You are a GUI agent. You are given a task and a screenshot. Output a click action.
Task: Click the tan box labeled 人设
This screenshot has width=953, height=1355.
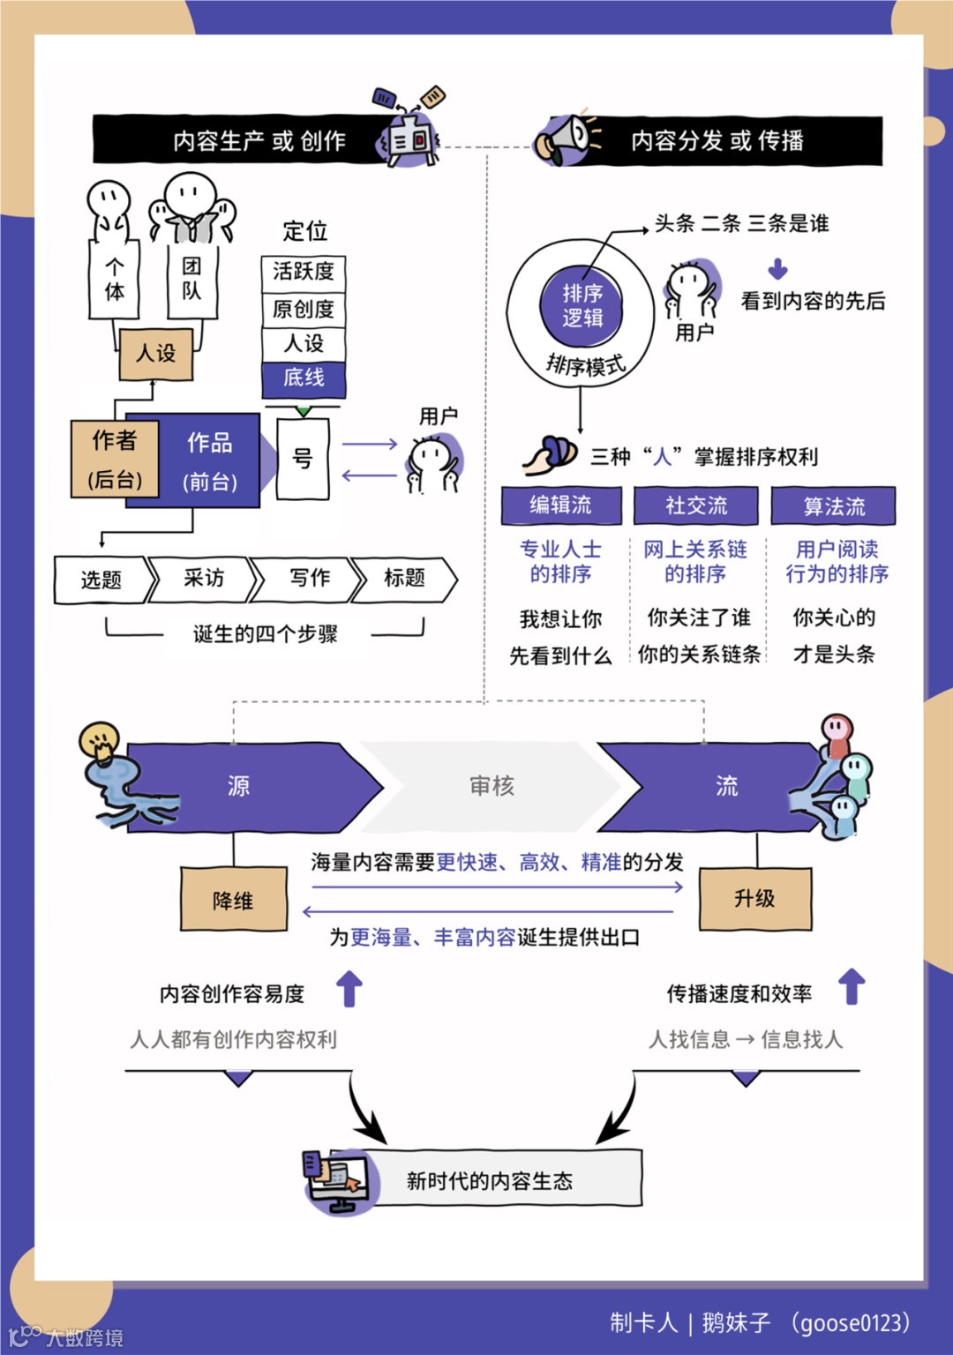156,354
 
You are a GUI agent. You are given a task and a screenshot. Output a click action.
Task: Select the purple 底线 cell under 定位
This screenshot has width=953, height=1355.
304,378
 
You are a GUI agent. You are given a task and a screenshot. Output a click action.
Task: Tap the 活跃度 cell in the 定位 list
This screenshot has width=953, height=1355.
304,273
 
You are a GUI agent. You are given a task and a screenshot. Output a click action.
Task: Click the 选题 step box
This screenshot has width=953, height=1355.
101,580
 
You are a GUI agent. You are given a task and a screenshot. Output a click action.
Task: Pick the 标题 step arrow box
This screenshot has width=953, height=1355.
404,579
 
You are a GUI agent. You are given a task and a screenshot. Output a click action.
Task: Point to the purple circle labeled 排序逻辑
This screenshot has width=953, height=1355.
582,305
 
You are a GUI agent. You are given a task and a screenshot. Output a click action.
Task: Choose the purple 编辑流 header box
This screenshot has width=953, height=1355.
560,505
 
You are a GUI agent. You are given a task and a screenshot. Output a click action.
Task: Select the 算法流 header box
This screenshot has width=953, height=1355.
834,506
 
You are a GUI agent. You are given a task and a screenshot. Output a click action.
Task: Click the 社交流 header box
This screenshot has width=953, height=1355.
696,505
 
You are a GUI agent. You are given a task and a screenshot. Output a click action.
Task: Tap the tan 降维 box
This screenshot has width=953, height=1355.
234,899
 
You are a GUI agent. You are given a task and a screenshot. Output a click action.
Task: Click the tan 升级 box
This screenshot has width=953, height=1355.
755,898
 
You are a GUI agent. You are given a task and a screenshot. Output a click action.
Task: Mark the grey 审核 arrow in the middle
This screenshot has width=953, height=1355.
492,786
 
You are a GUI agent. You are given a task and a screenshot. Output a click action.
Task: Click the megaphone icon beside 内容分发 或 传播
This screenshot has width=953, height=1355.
565,139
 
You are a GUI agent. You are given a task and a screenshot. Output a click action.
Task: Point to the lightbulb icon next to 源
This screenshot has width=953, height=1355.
99,741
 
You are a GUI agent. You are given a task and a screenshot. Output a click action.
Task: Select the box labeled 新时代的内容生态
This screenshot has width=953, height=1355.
503,1179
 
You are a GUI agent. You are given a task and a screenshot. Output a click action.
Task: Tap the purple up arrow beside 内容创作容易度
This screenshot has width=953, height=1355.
349,989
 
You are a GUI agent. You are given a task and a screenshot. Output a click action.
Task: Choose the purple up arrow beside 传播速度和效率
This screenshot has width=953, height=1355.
852,986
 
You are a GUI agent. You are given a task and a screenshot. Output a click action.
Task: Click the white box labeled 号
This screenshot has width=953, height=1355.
303,459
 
